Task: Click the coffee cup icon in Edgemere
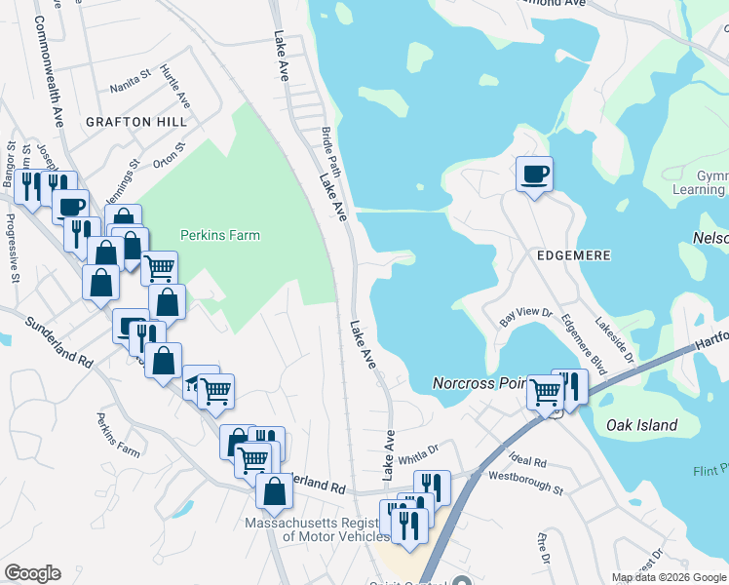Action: click(x=534, y=175)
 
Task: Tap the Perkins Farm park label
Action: click(x=220, y=235)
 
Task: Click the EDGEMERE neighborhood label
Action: click(x=574, y=254)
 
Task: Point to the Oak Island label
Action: click(x=641, y=425)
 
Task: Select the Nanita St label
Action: click(x=132, y=72)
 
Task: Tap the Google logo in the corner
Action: click(x=32, y=573)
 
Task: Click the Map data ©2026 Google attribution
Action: click(x=669, y=577)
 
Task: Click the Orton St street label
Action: click(x=169, y=153)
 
